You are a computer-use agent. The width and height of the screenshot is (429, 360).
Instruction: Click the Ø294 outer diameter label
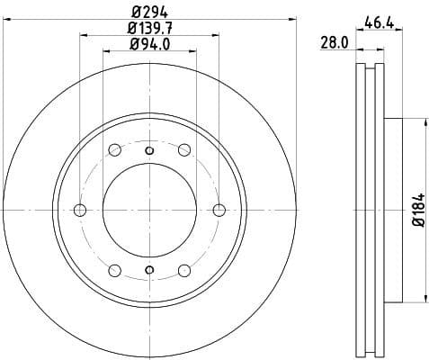tap(149, 13)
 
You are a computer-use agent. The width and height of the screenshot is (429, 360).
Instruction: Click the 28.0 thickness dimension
tap(335, 42)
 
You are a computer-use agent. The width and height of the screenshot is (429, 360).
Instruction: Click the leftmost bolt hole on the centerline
tap(79, 211)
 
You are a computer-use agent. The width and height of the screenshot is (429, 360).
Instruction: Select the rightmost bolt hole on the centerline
tap(219, 211)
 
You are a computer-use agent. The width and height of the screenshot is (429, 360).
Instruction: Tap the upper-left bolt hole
tap(114, 150)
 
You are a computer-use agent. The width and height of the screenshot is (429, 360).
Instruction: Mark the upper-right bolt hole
tap(184, 150)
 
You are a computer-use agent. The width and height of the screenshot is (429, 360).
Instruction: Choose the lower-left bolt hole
tap(114, 271)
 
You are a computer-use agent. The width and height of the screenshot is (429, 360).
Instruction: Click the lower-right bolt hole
tap(184, 271)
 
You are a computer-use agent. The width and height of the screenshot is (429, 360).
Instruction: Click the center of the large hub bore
tap(149, 211)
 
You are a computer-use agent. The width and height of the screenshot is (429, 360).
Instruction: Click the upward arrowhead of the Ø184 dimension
tap(423, 123)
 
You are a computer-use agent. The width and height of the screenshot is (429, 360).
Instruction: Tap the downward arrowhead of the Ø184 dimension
tap(423, 298)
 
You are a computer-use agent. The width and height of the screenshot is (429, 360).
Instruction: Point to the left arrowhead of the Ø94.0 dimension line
tap(106, 51)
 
